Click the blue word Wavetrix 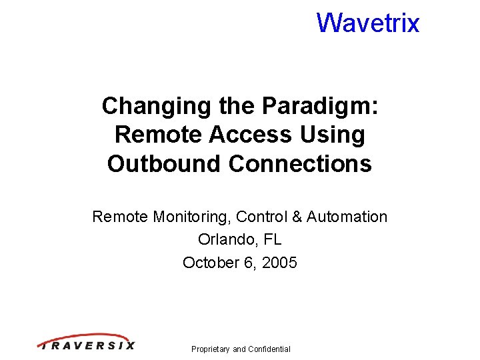[368, 23]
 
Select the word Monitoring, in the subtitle [192, 217]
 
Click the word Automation [347, 217]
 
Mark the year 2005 [279, 262]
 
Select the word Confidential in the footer [269, 349]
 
